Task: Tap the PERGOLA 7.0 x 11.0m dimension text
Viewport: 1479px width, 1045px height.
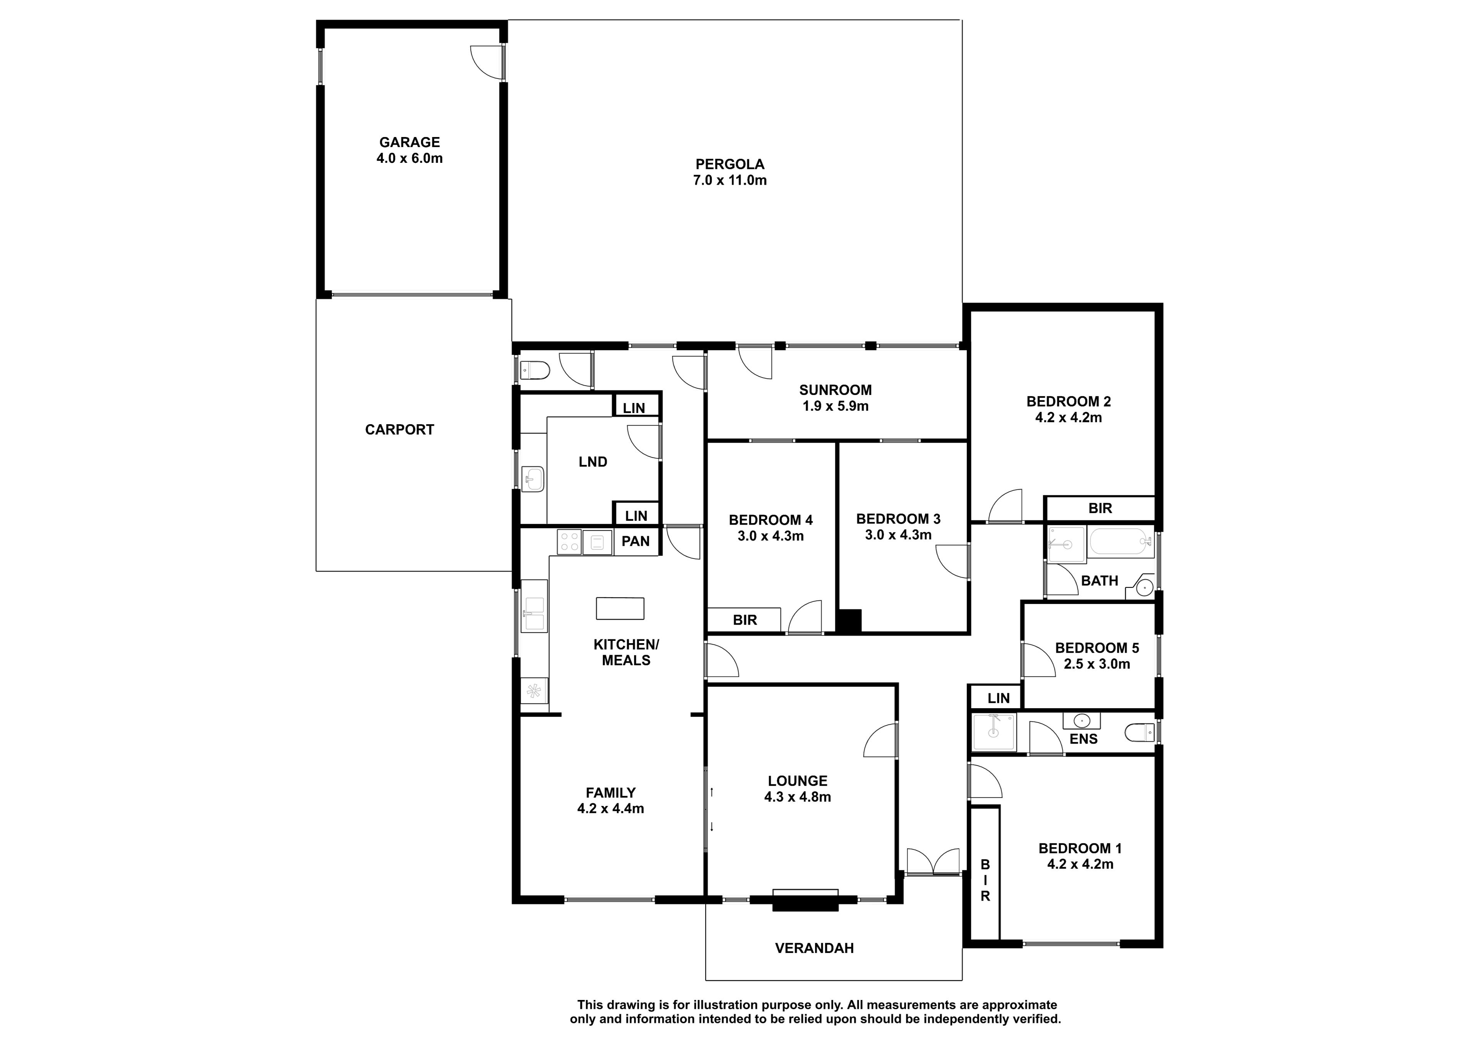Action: [730, 180]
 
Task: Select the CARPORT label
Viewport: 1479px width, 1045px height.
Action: [399, 430]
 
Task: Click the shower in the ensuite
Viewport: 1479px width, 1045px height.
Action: [994, 732]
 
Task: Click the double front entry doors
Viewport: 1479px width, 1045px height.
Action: [933, 861]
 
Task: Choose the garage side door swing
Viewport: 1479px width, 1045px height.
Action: [487, 63]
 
